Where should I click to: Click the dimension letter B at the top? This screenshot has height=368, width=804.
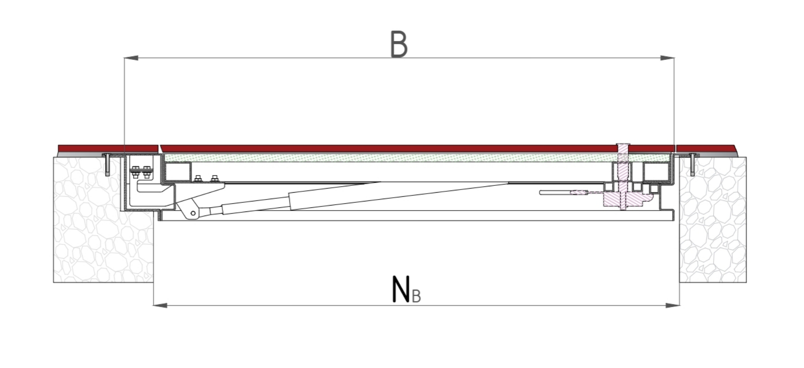399,44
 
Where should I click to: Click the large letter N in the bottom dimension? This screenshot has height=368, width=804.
401,289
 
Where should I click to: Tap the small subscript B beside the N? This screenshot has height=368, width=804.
416,296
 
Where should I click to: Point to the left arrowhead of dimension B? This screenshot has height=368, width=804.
131,58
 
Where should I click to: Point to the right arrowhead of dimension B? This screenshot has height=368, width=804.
667,58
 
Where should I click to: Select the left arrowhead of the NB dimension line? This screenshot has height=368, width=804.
160,305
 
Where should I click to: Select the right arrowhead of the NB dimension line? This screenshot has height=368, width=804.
673,305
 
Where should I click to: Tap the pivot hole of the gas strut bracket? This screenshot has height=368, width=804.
193,213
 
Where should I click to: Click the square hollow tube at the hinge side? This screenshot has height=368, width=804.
178,172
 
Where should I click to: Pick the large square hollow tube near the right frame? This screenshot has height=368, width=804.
657,172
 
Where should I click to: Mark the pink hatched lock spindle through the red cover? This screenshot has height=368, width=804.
623,176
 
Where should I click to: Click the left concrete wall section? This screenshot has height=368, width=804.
104,220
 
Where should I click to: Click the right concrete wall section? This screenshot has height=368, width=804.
713,220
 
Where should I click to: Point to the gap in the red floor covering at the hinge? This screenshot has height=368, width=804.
160,148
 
